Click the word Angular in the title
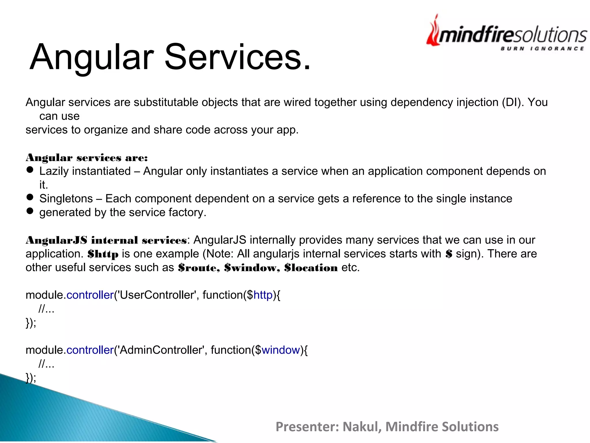92,57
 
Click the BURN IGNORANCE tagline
542,48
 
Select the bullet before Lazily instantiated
30,170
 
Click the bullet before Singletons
30,197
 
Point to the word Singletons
66,199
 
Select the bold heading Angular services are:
87,158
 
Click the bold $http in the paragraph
103,254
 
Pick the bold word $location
311,268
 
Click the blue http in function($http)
263,295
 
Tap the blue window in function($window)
281,350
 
